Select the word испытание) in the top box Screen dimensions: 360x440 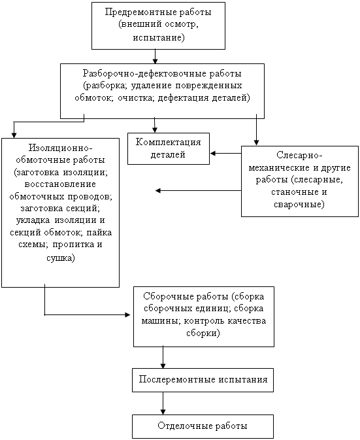pyautogui.click(x=159, y=37)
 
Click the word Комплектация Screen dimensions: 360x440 pyautogui.click(x=168, y=143)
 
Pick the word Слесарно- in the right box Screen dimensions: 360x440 pyautogui.click(x=299, y=155)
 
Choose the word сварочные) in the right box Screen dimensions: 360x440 pyautogui.click(x=299, y=204)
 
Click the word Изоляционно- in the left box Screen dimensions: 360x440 pyautogui.click(x=61, y=148)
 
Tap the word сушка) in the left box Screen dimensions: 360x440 pyautogui.click(x=61, y=258)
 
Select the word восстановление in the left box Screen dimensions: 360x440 pyautogui.click(x=60, y=184)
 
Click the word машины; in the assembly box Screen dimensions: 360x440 pyautogui.click(x=161, y=320)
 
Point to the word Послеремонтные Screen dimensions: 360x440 pyautogui.click(x=177, y=380)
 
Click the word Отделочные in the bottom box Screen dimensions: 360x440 pyautogui.click(x=184, y=426)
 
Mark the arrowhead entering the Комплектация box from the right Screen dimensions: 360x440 pyautogui.click(x=213, y=153)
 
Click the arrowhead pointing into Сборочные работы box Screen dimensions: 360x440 pyautogui.click(x=127, y=315)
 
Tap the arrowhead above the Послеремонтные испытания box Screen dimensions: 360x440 pyautogui.click(x=163, y=365)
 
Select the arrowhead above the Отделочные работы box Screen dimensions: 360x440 pyautogui.click(x=163, y=412)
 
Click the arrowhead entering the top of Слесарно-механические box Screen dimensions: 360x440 pyautogui.click(x=256, y=143)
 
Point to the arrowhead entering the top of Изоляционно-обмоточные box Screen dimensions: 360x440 pyautogui.click(x=14, y=135)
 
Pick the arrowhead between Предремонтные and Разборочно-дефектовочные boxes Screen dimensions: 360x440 pyautogui.click(x=155, y=61)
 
